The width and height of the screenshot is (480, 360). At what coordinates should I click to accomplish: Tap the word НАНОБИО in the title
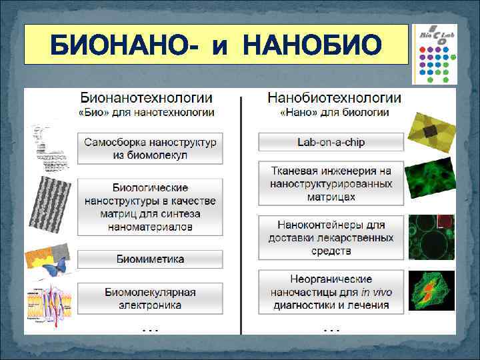(313, 46)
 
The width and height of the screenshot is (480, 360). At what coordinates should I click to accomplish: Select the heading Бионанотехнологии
(151, 98)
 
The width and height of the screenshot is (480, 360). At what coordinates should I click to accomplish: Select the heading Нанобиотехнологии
(334, 98)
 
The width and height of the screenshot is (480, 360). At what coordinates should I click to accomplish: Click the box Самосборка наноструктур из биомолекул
(150, 149)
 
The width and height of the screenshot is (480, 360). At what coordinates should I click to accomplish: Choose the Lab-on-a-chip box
(331, 142)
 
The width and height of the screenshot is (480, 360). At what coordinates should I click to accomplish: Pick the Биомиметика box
(150, 259)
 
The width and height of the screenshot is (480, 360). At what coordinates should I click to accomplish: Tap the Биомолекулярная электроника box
(150, 299)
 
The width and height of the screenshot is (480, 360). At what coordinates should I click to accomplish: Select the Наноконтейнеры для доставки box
(331, 237)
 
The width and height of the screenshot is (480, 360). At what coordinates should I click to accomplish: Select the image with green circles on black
(431, 237)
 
